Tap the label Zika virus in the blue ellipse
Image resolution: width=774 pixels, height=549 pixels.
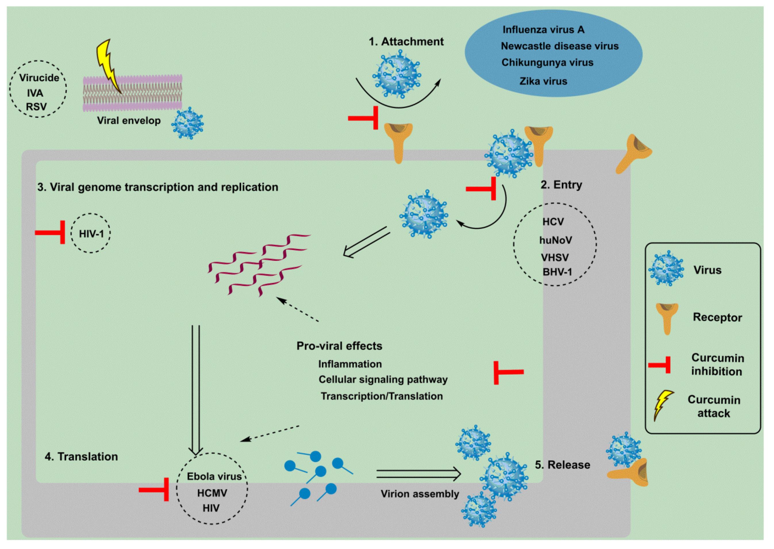pos(543,81)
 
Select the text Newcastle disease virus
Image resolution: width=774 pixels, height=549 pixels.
pos(559,46)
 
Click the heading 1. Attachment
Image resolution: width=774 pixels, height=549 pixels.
pos(406,42)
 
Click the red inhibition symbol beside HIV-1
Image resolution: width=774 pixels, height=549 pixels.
pos(51,232)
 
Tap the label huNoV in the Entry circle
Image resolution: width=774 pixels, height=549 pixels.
pos(556,240)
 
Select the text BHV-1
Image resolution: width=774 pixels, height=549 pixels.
pos(557,272)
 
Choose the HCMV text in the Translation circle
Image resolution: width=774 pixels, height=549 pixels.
pos(212,493)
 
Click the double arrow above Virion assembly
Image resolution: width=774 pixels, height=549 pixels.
pos(418,474)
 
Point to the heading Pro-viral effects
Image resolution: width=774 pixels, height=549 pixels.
pos(339,346)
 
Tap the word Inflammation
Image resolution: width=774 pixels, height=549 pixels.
pos(350,364)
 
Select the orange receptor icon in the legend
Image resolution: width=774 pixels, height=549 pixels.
pos(667,318)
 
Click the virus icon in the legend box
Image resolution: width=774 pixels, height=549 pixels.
pos(666,269)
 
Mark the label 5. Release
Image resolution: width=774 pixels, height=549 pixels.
pos(562,465)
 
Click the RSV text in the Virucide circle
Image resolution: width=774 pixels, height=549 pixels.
pos(36,107)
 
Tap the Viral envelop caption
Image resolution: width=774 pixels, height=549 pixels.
pos(129,121)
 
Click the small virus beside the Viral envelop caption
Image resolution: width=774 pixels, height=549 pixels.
pos(188,124)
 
